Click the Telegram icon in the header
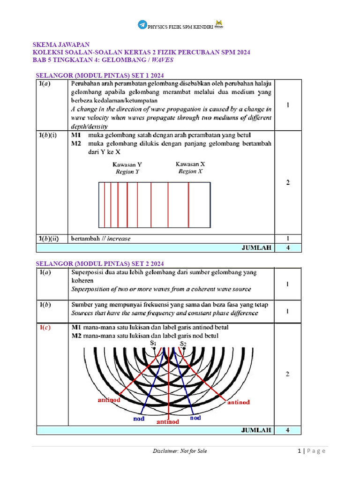point(142,25)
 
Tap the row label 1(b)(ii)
point(49,238)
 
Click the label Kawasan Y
point(127,165)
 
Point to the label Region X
point(190,172)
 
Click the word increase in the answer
point(119,238)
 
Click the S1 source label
point(153,344)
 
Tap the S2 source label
point(184,344)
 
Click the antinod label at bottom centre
point(167,422)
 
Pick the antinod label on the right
point(239,402)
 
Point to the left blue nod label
point(138,419)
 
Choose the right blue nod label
point(195,417)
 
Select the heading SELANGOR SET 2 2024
point(100,263)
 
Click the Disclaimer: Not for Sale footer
point(180,451)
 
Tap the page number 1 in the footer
point(299,451)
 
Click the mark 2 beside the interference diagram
point(288,374)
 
